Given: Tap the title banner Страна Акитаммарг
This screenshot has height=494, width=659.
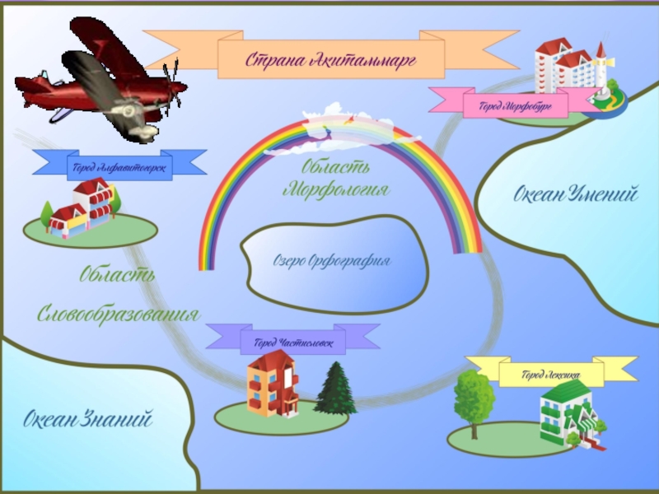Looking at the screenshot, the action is [330, 58].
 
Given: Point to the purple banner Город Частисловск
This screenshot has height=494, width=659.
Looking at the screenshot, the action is [292, 342].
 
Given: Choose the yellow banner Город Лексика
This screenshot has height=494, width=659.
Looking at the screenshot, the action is [551, 375].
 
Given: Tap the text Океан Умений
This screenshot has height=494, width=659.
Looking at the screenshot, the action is [576, 195].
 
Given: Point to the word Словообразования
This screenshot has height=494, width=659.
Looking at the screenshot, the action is [119, 314].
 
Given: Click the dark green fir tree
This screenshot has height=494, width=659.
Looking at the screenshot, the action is [334, 389].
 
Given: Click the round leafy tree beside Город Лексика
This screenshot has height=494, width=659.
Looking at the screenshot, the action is [474, 398].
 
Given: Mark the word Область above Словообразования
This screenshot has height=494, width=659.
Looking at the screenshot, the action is [117, 274].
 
